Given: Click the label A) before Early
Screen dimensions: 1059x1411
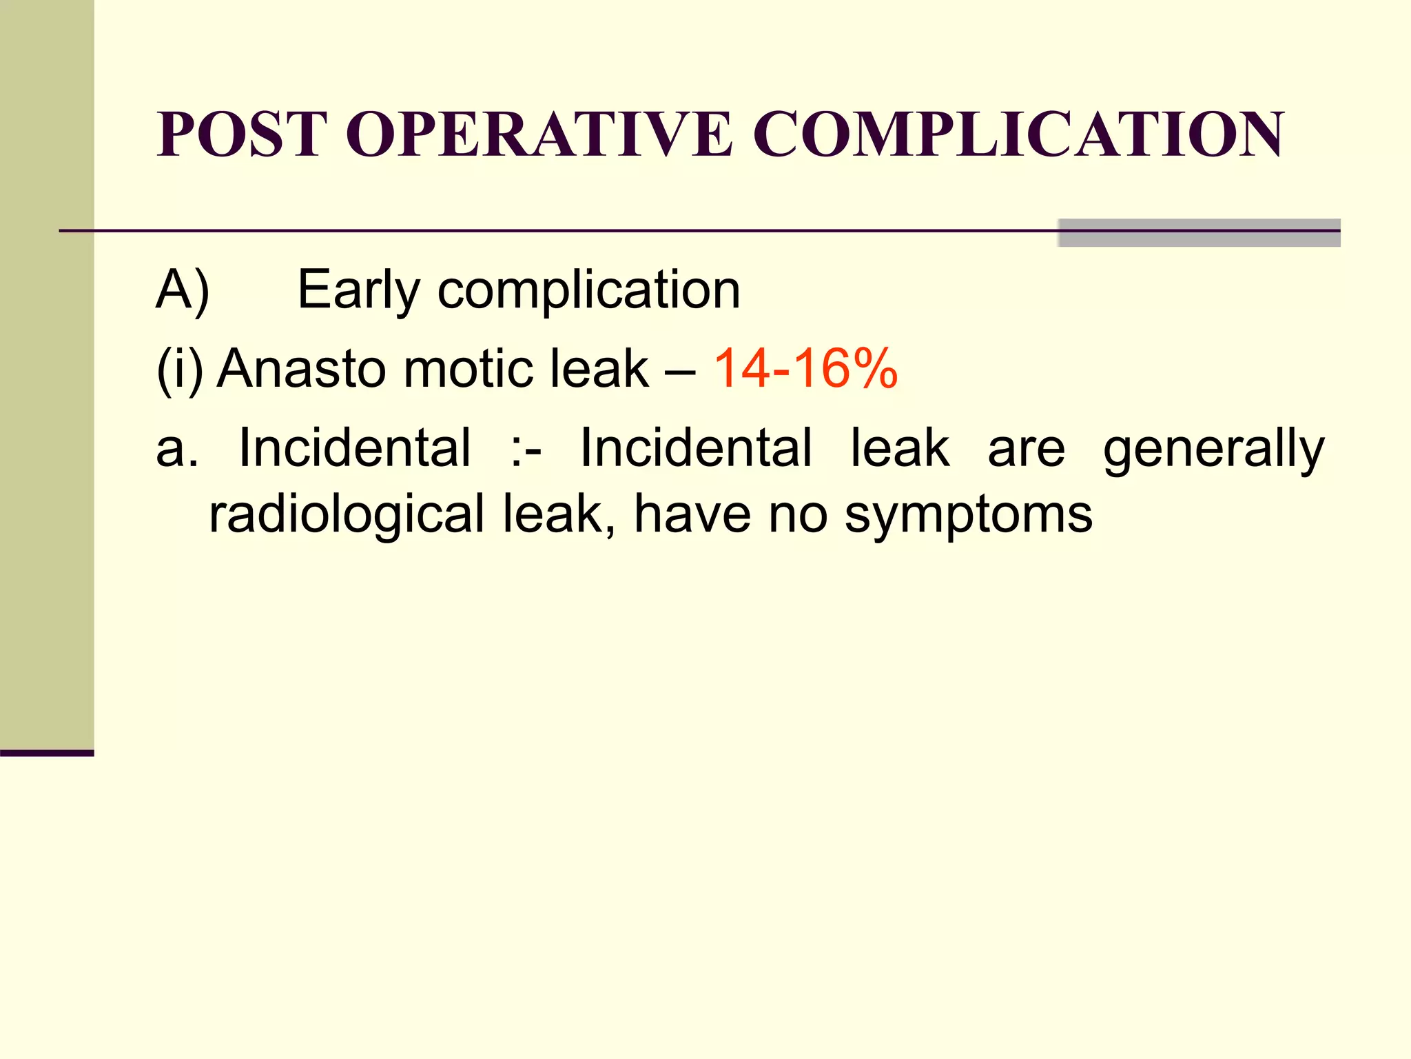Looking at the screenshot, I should [183, 290].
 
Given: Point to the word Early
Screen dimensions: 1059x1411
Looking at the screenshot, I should [358, 290].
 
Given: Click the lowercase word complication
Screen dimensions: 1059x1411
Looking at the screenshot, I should [589, 290].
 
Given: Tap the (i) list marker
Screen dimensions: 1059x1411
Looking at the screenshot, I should [180, 370].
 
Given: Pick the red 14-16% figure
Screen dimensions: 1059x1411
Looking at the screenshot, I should [805, 370].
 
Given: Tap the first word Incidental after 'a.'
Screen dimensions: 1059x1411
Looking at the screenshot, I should [355, 449].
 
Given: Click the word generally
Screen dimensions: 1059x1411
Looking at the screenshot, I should [1213, 449].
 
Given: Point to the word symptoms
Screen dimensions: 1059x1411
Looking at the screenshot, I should [968, 514].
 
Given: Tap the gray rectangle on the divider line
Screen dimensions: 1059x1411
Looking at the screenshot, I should [1199, 233].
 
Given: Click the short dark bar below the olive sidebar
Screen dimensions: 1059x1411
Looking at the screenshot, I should [47, 753].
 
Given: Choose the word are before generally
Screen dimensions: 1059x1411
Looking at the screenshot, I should [1027, 449].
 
